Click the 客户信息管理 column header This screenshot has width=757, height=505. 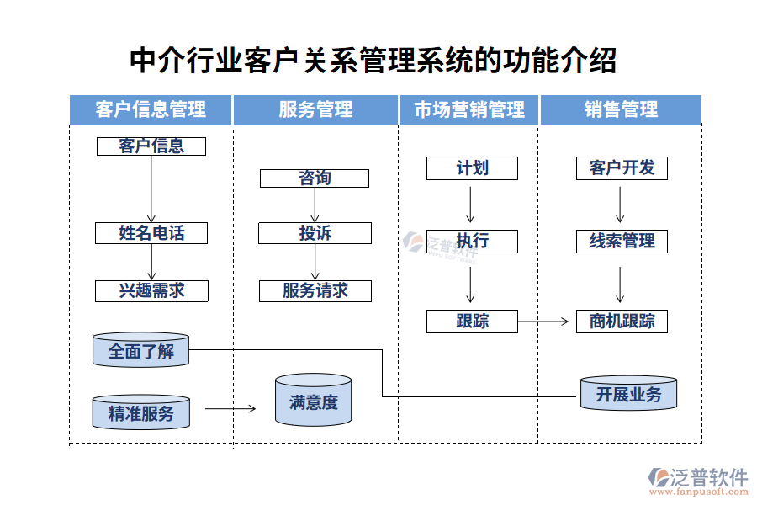point(151,109)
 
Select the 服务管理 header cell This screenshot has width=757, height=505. point(315,109)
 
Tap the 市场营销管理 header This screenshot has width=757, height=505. point(469,109)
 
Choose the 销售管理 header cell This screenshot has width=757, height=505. point(621,109)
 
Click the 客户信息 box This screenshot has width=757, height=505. point(151,146)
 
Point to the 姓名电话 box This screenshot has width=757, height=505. point(151,232)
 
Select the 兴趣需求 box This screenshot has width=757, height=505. point(151,291)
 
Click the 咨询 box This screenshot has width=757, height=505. point(315,178)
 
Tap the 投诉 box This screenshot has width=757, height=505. point(315,233)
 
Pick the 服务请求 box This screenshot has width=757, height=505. point(315,291)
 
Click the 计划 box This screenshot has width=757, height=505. point(472,167)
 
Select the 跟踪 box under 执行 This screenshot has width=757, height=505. point(472,321)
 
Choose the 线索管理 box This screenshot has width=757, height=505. point(622,242)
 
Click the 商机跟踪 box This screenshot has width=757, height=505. point(622,321)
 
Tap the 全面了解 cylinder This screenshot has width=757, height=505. point(141,350)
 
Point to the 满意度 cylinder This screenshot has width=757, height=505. point(313,401)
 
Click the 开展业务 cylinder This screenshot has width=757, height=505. point(628,394)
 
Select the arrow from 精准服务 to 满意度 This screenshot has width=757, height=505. point(230,409)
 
